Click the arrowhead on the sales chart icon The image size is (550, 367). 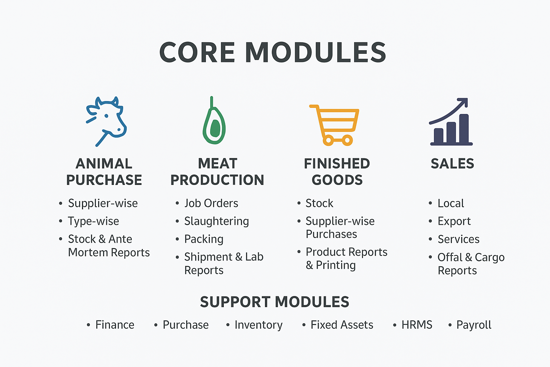[463, 102]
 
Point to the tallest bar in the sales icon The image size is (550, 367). [464, 128]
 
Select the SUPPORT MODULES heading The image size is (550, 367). [275, 302]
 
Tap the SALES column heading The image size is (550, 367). [452, 164]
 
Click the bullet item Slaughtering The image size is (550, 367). [217, 221]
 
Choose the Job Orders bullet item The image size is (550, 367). [211, 203]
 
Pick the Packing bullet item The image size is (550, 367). [204, 239]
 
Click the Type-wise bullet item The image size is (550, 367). [93, 221]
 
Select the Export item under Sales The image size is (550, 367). [454, 221]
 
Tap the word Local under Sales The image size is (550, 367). [451, 203]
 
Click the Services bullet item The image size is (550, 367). [458, 239]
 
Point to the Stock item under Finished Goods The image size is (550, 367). [319, 203]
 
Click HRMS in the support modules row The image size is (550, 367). [417, 325]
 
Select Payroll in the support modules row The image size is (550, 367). [474, 325]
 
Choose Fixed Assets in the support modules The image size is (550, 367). [342, 325]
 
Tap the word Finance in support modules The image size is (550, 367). [115, 325]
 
